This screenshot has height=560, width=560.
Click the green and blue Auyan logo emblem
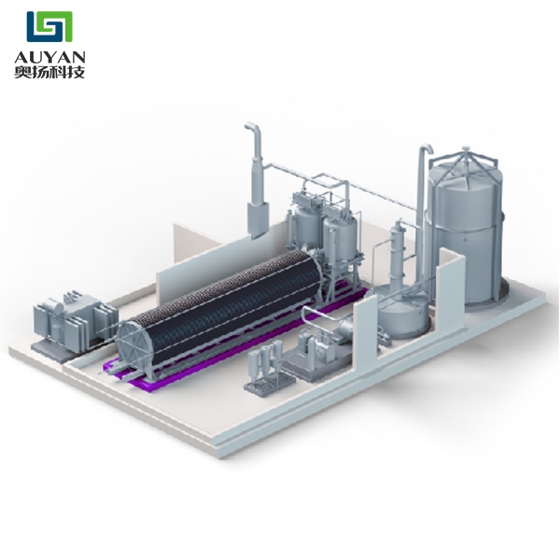pyautogui.click(x=49, y=26)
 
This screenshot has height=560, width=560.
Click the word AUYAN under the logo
pyautogui.click(x=49, y=56)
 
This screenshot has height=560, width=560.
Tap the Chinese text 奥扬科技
pyautogui.click(x=49, y=72)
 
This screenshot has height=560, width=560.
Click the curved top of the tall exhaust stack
pyautogui.click(x=254, y=130)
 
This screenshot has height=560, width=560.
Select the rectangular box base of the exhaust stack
pyautogui.click(x=258, y=219)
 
